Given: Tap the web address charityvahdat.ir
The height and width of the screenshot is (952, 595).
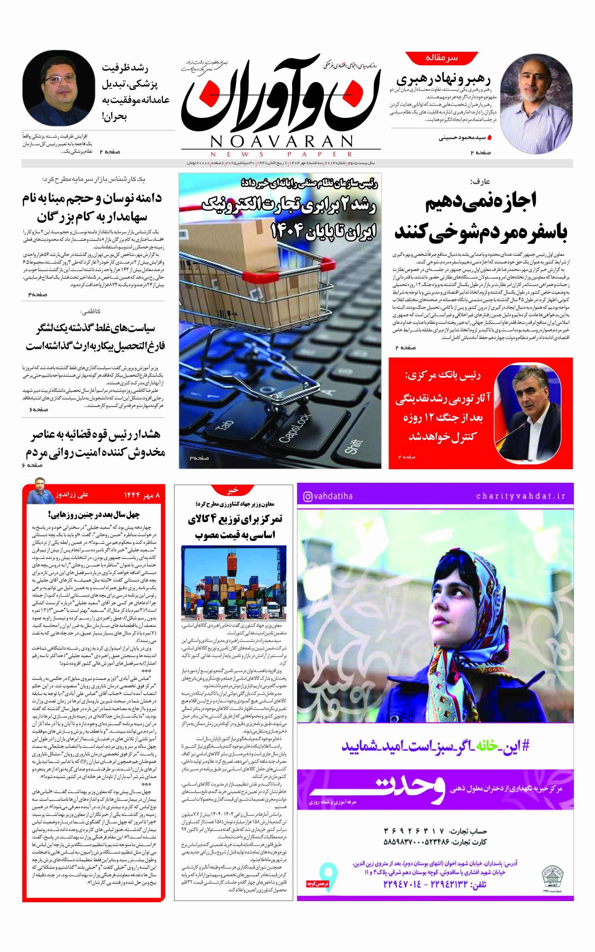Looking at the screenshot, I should tap(521, 496).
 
